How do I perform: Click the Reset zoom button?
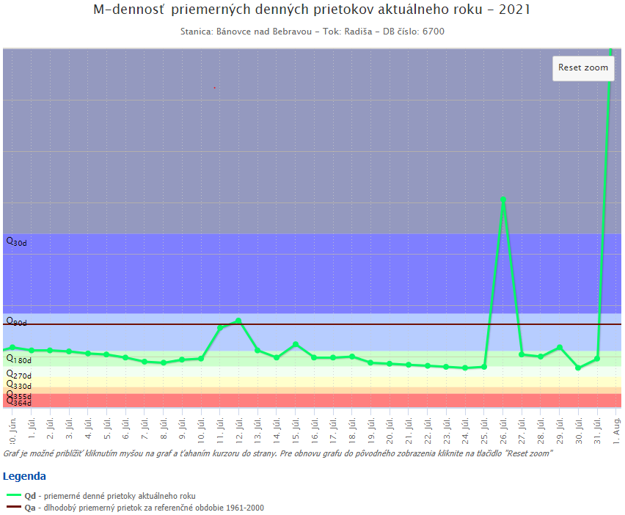tap(583, 67)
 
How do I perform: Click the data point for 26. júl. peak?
tap(503, 200)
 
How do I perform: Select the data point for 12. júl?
tap(239, 321)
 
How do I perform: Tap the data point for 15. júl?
tap(296, 344)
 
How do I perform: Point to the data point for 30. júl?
tap(578, 368)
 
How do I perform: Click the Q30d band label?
tap(16, 241)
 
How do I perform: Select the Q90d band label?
tap(16, 321)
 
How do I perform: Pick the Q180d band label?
tap(18, 359)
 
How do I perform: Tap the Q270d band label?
tap(18, 375)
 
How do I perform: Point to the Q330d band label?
tap(18, 385)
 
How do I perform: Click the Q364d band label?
tap(18, 402)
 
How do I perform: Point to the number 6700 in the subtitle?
tap(434, 32)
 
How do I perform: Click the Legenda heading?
tap(24, 477)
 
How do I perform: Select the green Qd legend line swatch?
tap(13, 497)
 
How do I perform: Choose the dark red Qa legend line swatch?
tap(13, 508)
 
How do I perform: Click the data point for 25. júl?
tap(484, 367)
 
